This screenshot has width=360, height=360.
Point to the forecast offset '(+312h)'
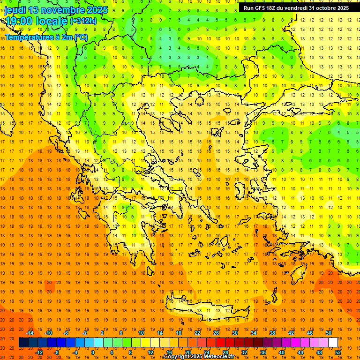[x=83, y=21]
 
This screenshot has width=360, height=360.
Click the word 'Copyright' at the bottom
[x=177, y=357]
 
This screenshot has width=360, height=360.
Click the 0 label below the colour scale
[x=93, y=352]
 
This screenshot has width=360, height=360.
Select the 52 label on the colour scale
[x=338, y=352]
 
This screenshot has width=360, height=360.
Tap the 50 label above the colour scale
[x=329, y=333]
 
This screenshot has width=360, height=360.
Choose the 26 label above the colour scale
[x=216, y=333]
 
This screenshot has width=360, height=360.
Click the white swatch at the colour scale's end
[x=333, y=343]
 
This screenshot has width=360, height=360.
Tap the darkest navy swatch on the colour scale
[x=23, y=343]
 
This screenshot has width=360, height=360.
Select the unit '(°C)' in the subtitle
[x=81, y=37]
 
